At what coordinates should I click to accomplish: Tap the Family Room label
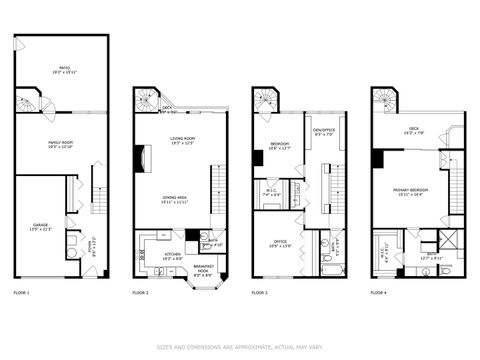point(62,145)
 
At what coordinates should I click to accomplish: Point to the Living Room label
point(181,140)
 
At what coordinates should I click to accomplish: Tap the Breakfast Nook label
point(202,269)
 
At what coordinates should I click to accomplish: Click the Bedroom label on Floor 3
point(279,146)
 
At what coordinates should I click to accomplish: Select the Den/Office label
point(323,130)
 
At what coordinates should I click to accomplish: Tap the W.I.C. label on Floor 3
point(271,192)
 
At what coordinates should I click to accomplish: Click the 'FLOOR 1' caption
point(22,293)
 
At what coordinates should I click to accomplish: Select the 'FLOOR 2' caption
point(140,293)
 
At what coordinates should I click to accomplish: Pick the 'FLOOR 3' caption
point(259,293)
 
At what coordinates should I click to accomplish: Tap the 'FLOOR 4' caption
point(378,293)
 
